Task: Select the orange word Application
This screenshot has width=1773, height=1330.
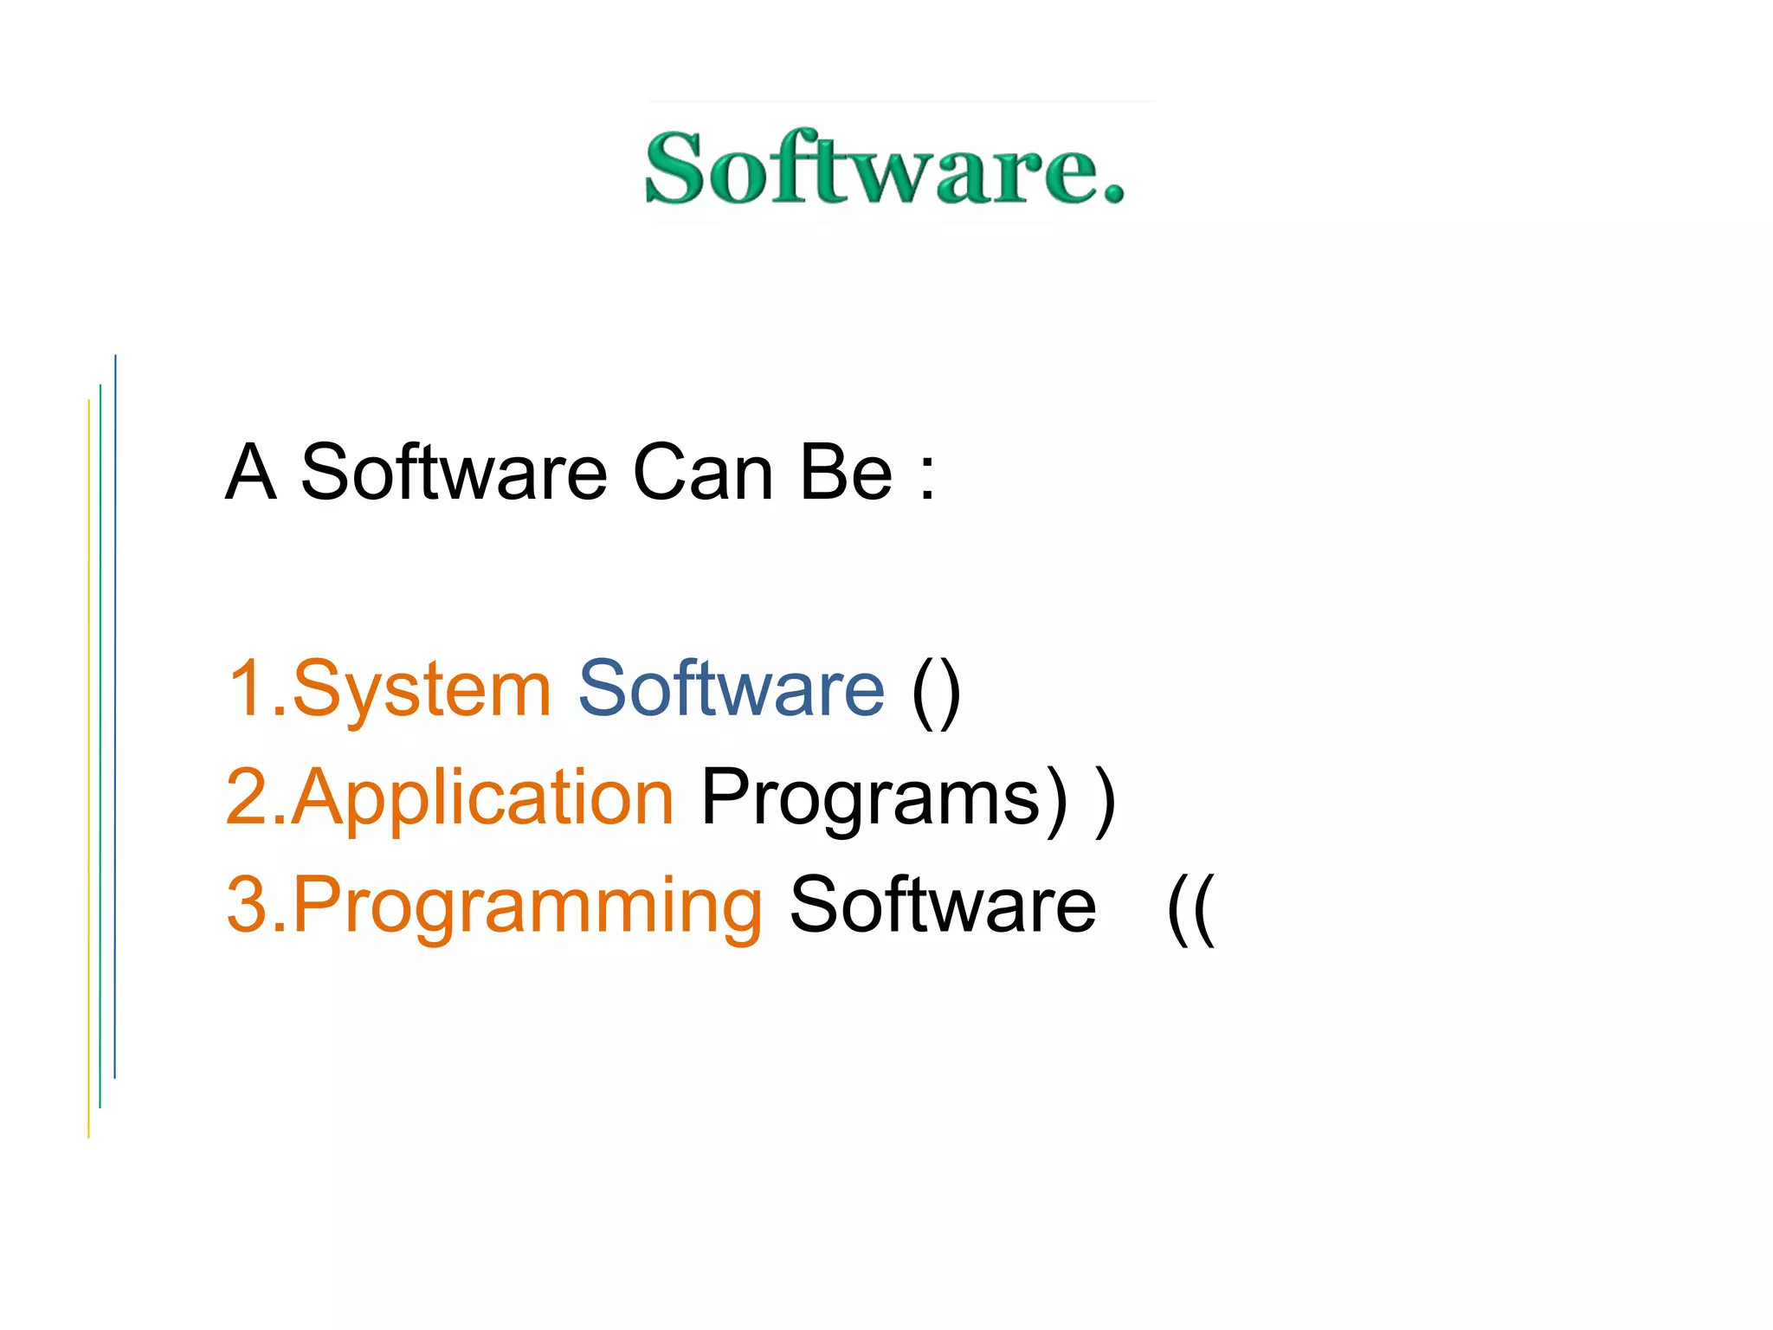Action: click(482, 797)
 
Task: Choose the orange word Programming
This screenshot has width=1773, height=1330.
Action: click(527, 906)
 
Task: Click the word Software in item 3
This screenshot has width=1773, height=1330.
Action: click(943, 906)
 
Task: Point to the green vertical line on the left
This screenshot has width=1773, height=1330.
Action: click(100, 746)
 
